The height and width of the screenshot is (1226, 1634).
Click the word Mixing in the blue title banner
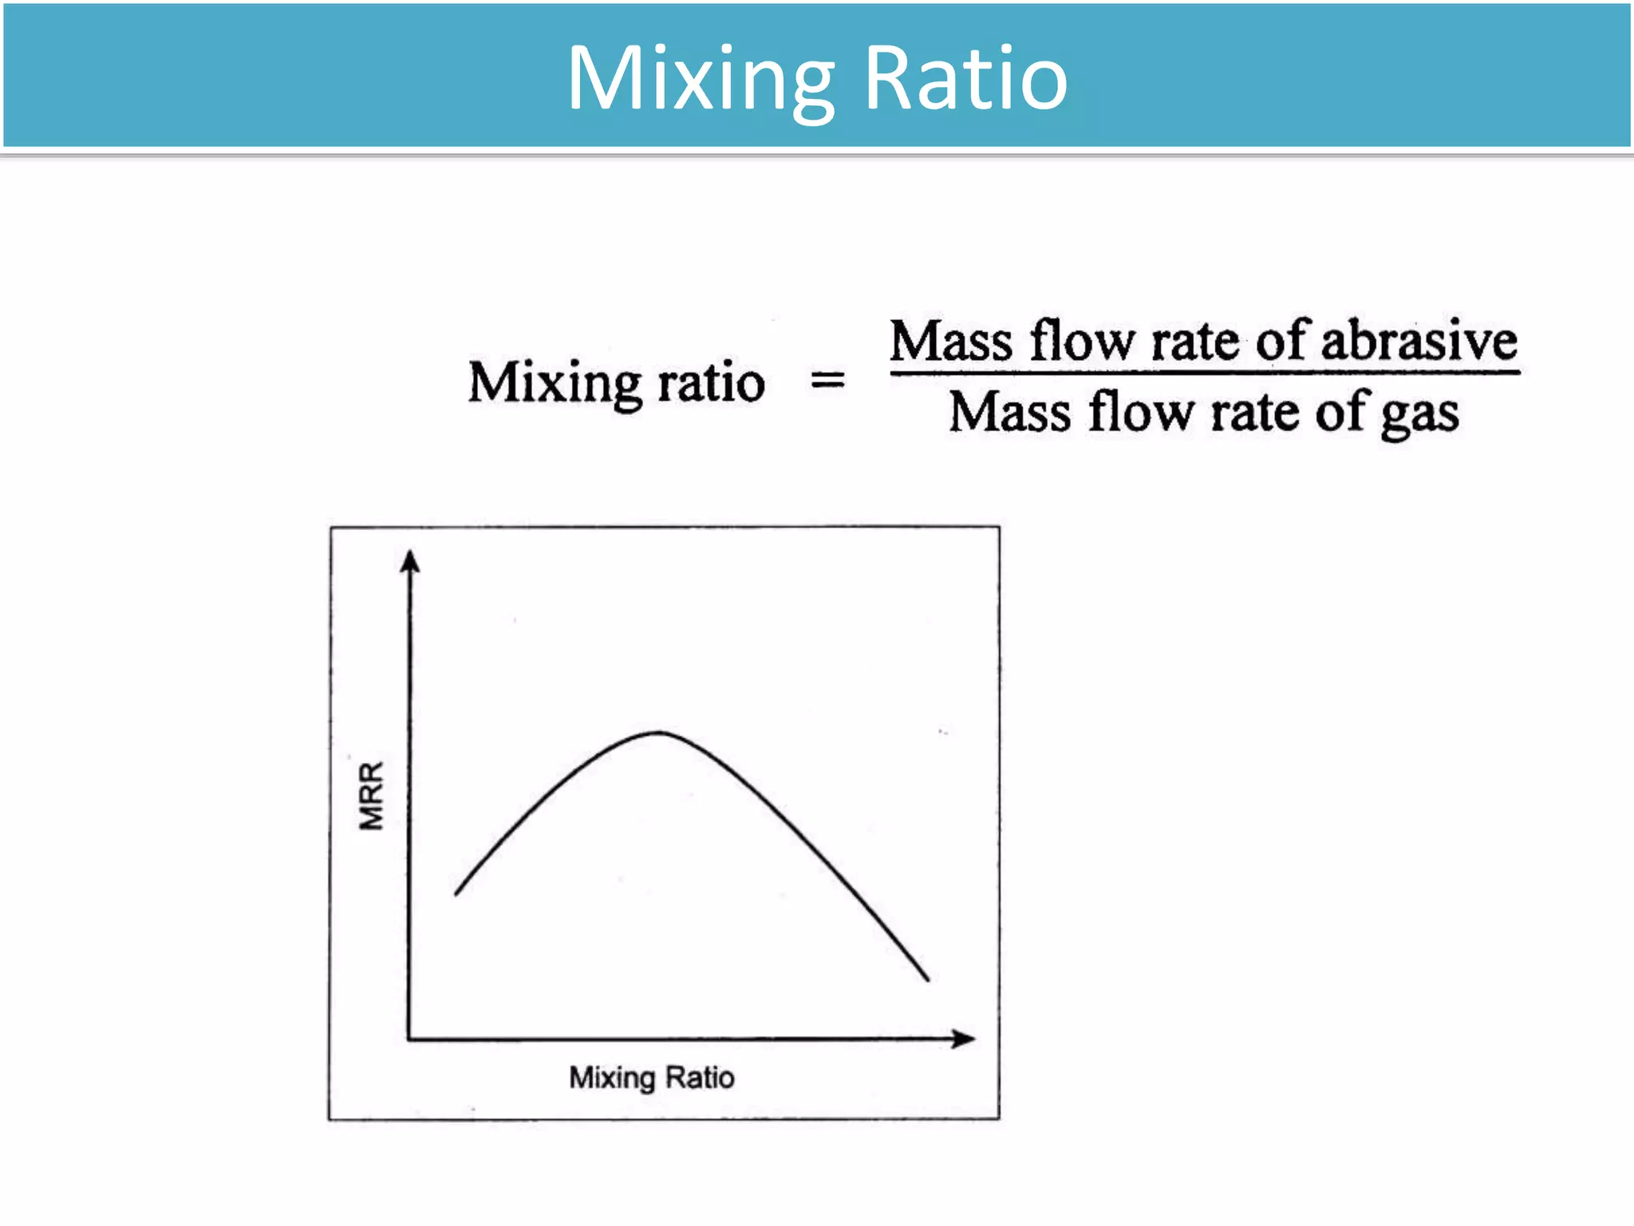coord(700,80)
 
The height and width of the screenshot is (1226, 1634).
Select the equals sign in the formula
coord(827,381)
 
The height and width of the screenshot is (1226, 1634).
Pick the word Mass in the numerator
coord(952,342)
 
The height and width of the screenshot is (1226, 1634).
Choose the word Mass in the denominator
coord(1010,413)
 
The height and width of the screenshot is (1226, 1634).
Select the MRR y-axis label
coord(372,796)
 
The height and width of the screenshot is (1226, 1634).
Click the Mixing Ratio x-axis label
coord(651,1078)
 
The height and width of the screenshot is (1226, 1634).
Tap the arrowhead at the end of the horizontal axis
coord(965,1038)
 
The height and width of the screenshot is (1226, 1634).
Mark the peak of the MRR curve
coord(659,732)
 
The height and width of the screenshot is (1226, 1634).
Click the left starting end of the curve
coord(456,893)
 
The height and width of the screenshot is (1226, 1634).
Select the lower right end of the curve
coord(928,979)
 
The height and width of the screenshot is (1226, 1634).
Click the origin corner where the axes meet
coord(409,1039)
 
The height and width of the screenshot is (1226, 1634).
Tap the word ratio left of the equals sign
coord(711,383)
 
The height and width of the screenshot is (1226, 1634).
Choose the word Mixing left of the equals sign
coord(555,383)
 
